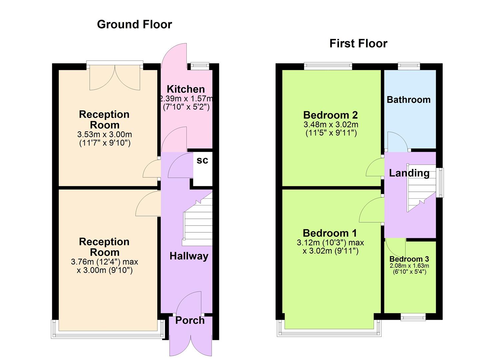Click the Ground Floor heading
tap(134, 24)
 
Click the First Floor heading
tap(358, 44)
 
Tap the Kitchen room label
tap(186, 89)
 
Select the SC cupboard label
tap(202, 160)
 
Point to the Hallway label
tap(189, 256)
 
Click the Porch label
tap(190, 320)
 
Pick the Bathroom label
tap(409, 100)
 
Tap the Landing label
tap(409, 173)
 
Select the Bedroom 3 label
tap(409, 259)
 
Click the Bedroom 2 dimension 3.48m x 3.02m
tap(331, 125)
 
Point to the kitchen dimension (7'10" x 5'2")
tap(186, 107)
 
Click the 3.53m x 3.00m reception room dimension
tap(104, 135)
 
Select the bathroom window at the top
tap(409, 66)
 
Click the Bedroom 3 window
tap(413, 317)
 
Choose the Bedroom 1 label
tap(330, 233)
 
